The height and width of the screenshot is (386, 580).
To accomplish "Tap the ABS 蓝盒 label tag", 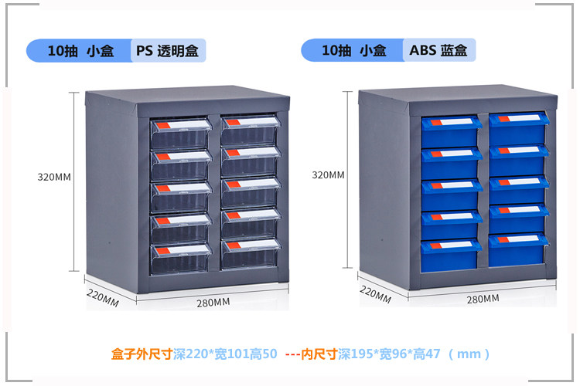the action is coord(439,51).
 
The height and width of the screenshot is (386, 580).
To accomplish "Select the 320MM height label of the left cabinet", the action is coord(54,177).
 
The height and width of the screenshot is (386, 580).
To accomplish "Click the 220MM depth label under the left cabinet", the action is coord(102,298).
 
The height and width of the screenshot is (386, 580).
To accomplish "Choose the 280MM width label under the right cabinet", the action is coord(483,299).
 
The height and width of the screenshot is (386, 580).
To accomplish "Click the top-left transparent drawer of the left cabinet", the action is coord(181,133).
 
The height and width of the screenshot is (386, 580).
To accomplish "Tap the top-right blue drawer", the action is coord(518,128).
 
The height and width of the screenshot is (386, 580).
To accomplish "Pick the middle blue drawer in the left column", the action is coord(450,193).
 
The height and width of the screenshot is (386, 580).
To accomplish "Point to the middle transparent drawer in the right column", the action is coord(250,193).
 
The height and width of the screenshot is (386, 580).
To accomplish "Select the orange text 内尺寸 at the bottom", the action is coord(318,354).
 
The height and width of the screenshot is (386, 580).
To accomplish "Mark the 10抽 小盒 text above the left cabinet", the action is coord(80,51).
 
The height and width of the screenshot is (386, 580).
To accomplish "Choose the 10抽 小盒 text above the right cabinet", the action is coord(354,51).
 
